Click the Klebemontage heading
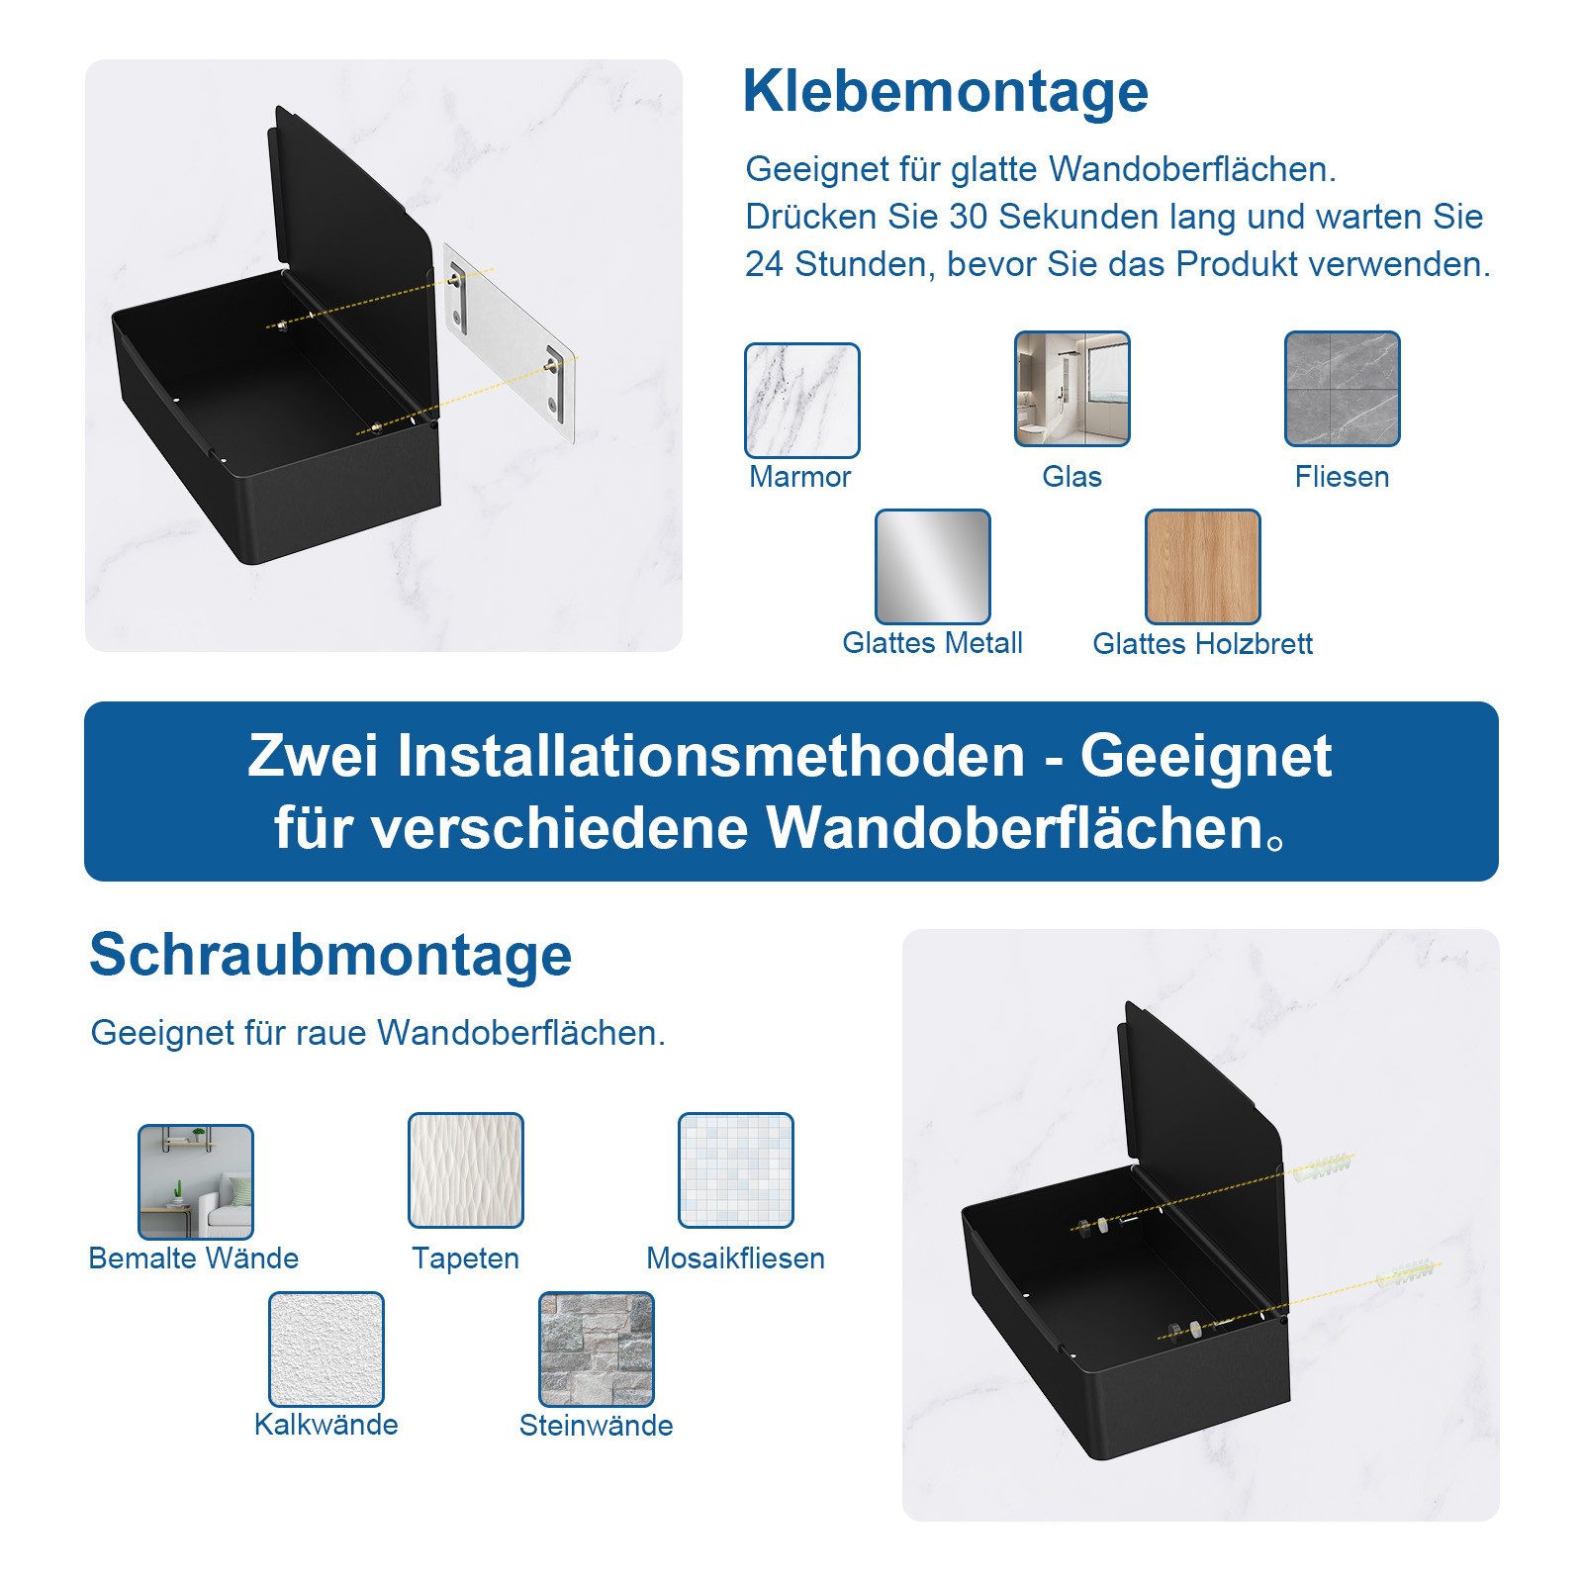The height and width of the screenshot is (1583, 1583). [x=945, y=92]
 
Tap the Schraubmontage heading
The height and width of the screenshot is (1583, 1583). [x=330, y=955]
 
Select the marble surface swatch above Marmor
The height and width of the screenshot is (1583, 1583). [x=801, y=400]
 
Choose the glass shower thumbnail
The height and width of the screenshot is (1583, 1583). [x=1071, y=389]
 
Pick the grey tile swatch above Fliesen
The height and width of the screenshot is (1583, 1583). [x=1342, y=389]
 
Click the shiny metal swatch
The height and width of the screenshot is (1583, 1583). [x=932, y=567]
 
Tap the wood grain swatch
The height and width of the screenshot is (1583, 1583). [x=1202, y=567]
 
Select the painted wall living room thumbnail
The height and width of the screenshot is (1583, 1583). [x=195, y=1181]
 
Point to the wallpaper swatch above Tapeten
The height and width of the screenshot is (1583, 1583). [x=465, y=1170]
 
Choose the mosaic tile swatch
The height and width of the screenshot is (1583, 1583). [x=735, y=1170]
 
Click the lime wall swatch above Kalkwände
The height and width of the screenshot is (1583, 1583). [x=326, y=1349]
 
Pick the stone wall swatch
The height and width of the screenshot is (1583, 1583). [x=596, y=1349]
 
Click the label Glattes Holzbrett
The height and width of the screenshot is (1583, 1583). [x=1202, y=644]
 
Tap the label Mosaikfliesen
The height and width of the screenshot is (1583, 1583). [x=735, y=1258]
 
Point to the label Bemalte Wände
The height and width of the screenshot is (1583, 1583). [x=194, y=1258]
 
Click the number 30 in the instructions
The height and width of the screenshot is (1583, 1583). [x=969, y=217]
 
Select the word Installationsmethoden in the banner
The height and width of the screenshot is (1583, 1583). [x=711, y=756]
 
